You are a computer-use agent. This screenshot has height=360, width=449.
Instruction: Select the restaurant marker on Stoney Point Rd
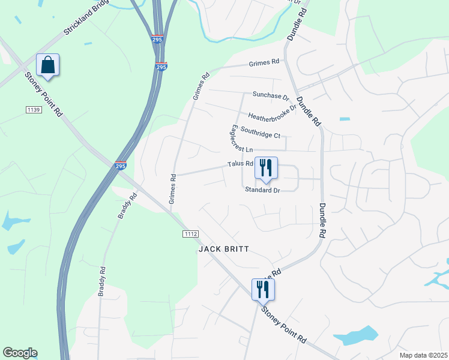point(263,290)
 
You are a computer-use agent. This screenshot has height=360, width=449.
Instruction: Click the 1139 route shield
point(34,109)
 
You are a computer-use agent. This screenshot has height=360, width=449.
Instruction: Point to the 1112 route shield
point(190,233)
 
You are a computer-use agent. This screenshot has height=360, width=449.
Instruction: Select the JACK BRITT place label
point(223,248)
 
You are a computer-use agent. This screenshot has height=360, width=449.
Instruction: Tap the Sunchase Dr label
point(271,95)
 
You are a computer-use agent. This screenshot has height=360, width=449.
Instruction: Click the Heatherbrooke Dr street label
point(272,113)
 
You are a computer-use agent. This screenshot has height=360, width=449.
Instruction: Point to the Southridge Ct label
point(260,131)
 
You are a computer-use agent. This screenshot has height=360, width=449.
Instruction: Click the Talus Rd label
point(240,164)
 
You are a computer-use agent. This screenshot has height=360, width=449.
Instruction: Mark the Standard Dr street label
point(262,190)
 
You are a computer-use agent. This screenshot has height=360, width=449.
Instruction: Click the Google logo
point(20,353)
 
